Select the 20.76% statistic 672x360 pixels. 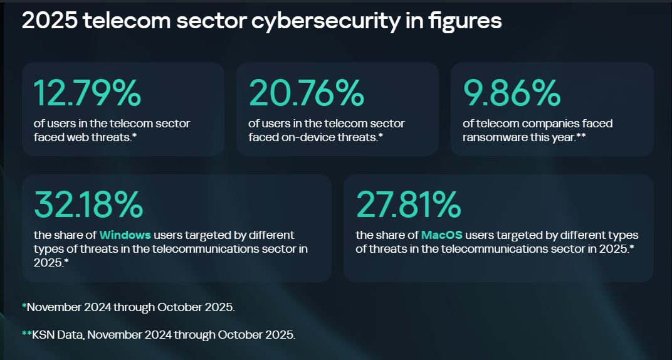click(x=306, y=93)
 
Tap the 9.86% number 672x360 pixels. click(x=512, y=93)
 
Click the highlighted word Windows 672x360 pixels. click(x=125, y=235)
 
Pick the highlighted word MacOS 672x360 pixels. click(x=442, y=235)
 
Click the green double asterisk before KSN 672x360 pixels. click(x=27, y=333)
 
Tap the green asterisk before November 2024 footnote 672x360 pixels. click(x=24, y=306)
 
